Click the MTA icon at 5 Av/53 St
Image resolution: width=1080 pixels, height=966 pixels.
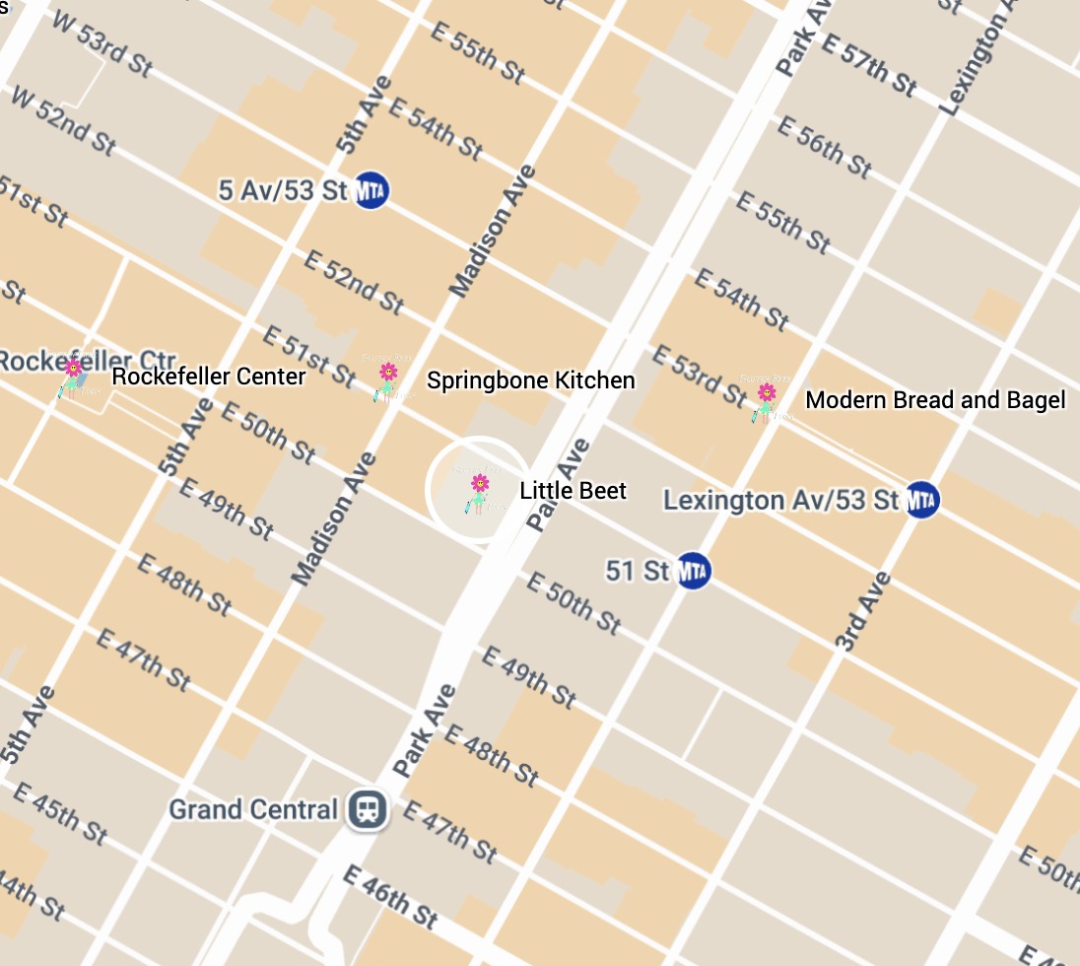pyautogui.click(x=371, y=190)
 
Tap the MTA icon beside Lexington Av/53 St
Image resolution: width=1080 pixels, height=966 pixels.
pyautogui.click(x=921, y=500)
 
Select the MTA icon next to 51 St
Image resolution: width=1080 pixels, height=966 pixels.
pyautogui.click(x=694, y=571)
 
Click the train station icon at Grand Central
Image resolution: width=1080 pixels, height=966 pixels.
pyautogui.click(x=369, y=810)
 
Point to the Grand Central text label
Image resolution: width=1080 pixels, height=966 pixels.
pyautogui.click(x=253, y=810)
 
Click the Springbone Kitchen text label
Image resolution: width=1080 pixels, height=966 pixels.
pyautogui.click(x=530, y=380)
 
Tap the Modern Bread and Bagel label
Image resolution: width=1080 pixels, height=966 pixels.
pyautogui.click(x=935, y=400)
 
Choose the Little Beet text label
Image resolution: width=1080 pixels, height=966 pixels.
pyautogui.click(x=573, y=491)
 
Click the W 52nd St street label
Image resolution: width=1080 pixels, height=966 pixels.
pyautogui.click(x=61, y=120)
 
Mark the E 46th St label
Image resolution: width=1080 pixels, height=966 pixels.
pyautogui.click(x=390, y=896)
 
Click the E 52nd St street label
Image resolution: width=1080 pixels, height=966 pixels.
pyautogui.click(x=354, y=282)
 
